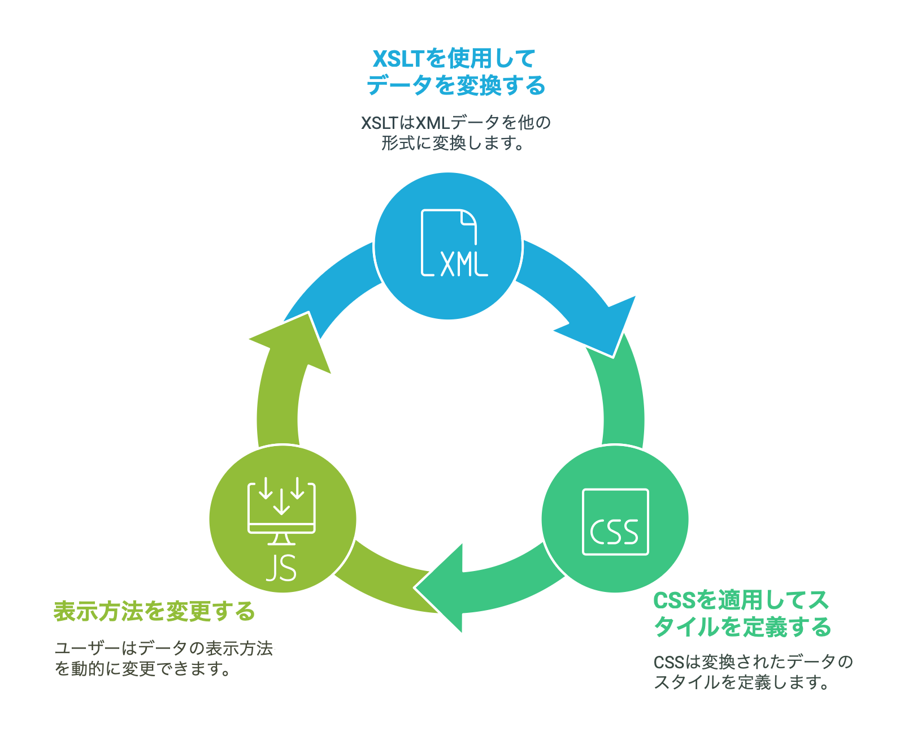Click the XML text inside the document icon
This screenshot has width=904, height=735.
pyautogui.click(x=463, y=263)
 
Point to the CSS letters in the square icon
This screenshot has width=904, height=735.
pyautogui.click(x=614, y=532)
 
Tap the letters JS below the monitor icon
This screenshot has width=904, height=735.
pyautogui.click(x=281, y=568)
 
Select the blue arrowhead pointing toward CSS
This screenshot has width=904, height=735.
pyautogui.click(x=605, y=328)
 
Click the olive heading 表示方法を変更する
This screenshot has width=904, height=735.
pyautogui.click(x=154, y=611)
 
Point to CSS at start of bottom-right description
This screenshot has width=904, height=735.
pyautogui.click(x=668, y=662)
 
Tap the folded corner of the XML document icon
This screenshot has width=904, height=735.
pyautogui.click(x=468, y=218)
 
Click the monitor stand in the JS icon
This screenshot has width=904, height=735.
pyautogui.click(x=281, y=539)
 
